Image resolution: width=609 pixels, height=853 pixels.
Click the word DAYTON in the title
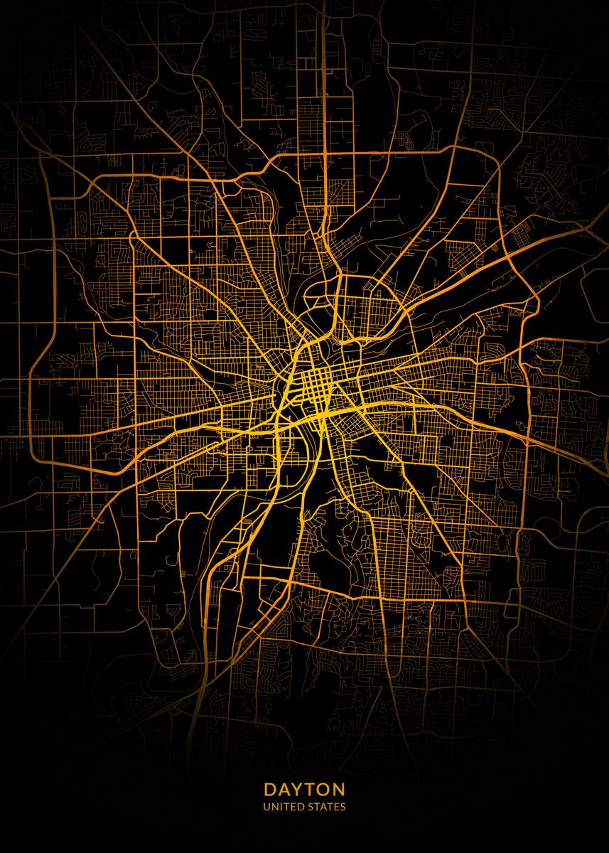pos(304,790)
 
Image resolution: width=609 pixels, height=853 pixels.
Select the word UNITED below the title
pos(284,807)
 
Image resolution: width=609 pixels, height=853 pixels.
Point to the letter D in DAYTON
pos(269,790)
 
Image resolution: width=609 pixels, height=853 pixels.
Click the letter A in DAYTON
pos(284,790)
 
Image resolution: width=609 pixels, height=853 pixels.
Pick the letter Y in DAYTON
pos(298,790)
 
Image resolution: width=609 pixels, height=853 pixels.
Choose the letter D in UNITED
pos(302,807)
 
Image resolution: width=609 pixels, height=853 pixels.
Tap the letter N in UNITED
pos(274,807)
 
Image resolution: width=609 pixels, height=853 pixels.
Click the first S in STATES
pos(311,807)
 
